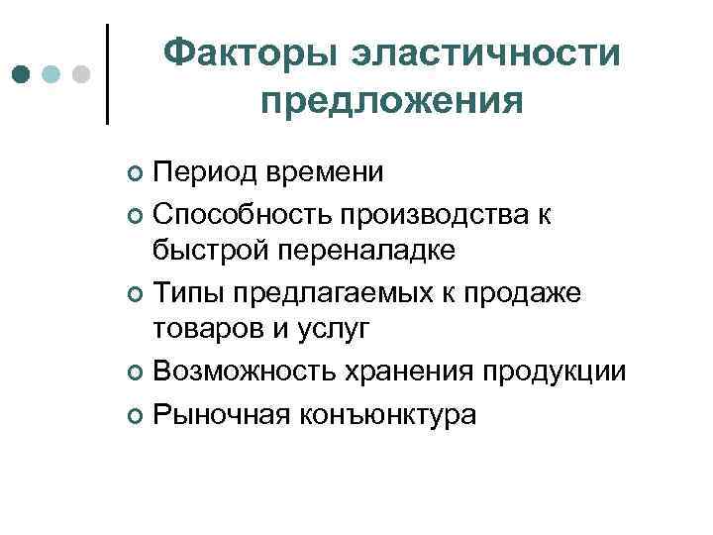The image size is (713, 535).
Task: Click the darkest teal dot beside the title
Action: [22, 74]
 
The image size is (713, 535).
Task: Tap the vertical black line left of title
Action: [107, 74]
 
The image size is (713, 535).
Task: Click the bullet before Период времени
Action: [137, 175]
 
